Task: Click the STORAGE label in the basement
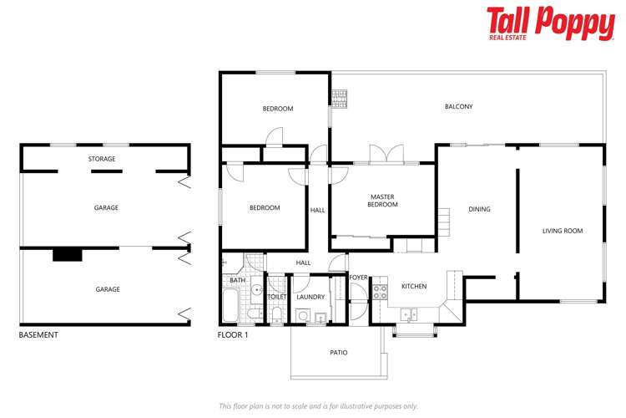tap(102, 159)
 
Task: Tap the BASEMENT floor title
tap(38, 335)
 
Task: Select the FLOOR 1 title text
tap(232, 335)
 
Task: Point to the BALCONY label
tap(459, 106)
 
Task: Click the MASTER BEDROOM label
tap(383, 201)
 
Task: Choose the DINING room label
tap(479, 209)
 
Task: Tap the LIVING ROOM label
tap(563, 231)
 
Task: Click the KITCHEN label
tap(414, 287)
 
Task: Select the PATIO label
tap(338, 353)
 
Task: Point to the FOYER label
tap(359, 277)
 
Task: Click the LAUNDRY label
tap(310, 297)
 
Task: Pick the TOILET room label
tap(276, 297)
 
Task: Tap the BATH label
tap(238, 280)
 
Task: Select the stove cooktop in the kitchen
tap(380, 293)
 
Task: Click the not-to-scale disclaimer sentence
tap(318, 405)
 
